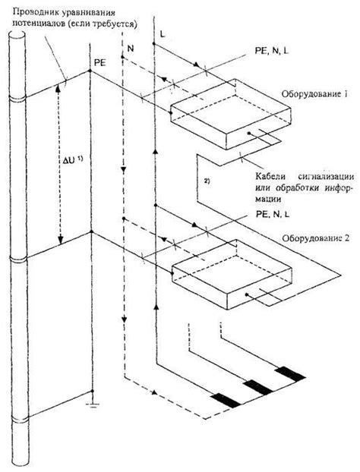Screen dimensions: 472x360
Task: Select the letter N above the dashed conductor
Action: pos(131,48)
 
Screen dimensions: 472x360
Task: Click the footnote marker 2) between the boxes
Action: pos(207,180)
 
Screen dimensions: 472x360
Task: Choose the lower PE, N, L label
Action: pos(269,216)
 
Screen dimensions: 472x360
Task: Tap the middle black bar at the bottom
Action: pos(257,385)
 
